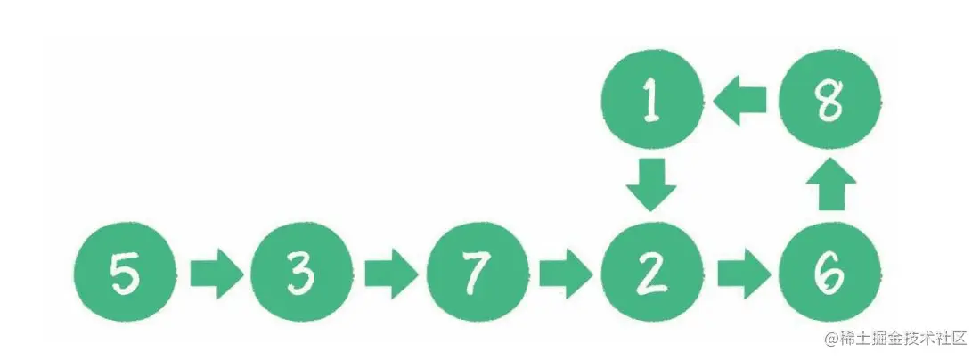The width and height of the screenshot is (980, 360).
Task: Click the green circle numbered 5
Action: [x=125, y=272]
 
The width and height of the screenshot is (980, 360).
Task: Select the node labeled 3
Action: [x=302, y=272]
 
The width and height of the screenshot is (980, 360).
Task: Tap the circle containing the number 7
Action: [x=478, y=272]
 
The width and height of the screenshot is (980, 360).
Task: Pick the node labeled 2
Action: [x=652, y=272]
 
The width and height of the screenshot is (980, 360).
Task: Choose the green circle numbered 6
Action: [x=830, y=272]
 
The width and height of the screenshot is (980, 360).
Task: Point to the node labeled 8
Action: [x=830, y=100]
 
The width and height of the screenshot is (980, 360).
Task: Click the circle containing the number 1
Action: [x=652, y=100]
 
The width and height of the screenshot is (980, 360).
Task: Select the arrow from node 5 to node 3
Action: [x=216, y=274]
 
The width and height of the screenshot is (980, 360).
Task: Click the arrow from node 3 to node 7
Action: [x=391, y=274]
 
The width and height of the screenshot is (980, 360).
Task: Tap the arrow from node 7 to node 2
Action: [x=567, y=274]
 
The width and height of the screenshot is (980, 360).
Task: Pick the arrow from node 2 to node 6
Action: [x=744, y=274]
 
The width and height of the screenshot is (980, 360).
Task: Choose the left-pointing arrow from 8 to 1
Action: [x=740, y=100]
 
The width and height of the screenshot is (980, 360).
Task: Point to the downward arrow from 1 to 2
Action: [x=651, y=185]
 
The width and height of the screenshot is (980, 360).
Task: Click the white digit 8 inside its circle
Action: [x=830, y=100]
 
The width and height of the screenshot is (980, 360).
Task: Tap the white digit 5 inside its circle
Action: [x=124, y=273]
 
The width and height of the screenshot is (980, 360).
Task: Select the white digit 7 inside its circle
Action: [x=477, y=274]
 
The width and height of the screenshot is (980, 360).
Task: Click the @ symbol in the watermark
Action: [x=830, y=340]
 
